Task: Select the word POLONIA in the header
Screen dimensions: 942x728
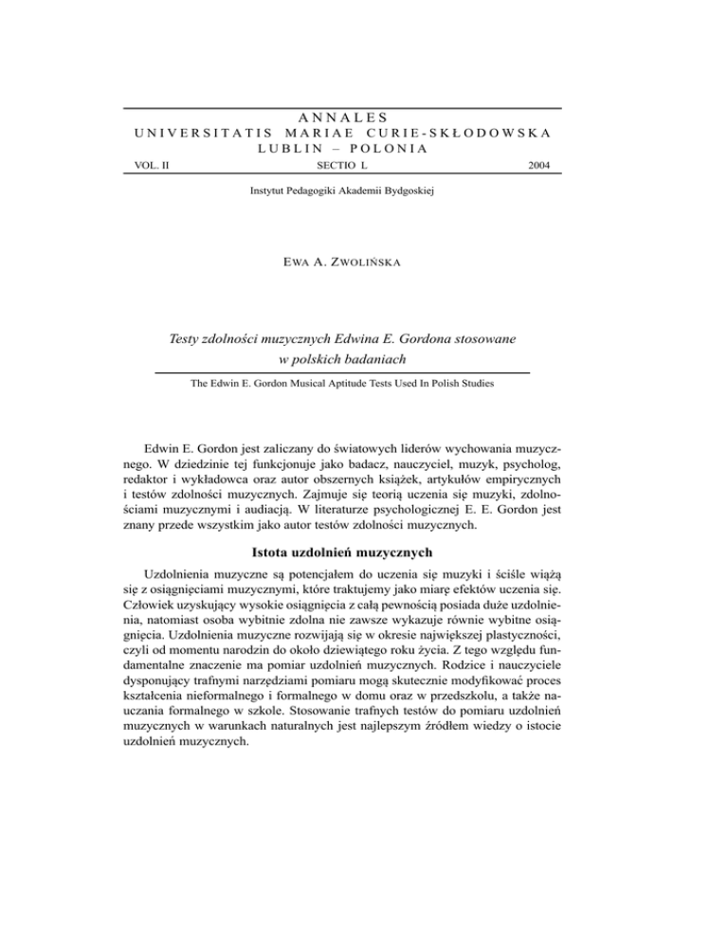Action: pos(391,149)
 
